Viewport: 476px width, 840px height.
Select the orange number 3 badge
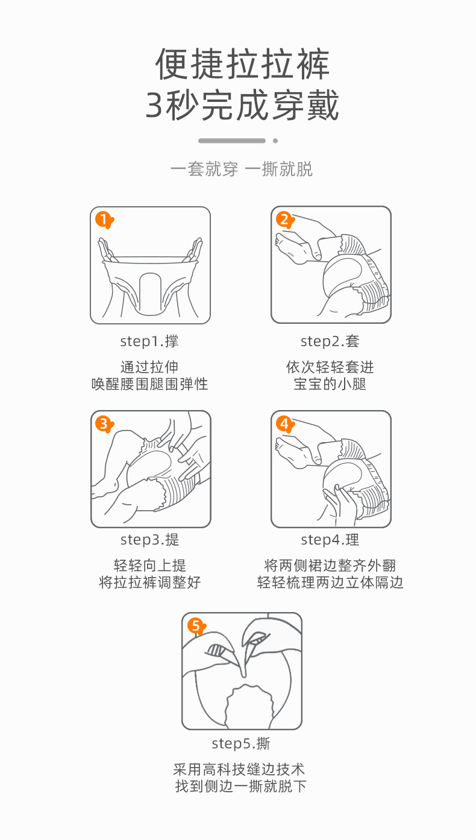104,425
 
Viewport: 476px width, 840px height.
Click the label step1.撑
149,341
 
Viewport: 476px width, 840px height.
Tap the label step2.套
330,341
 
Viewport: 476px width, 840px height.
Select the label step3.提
149,540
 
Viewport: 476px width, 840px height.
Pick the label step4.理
330,540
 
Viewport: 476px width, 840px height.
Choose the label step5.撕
241,744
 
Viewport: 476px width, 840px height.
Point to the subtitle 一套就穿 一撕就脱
242,169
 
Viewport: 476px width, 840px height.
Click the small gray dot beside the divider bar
275,141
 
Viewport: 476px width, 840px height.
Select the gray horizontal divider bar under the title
232,141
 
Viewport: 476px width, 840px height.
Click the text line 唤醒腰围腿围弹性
149,384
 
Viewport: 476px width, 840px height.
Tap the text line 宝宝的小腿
330,384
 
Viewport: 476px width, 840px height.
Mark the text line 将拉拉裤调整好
149,583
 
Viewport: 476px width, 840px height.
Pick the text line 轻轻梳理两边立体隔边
330,583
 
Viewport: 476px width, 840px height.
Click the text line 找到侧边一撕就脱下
241,786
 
